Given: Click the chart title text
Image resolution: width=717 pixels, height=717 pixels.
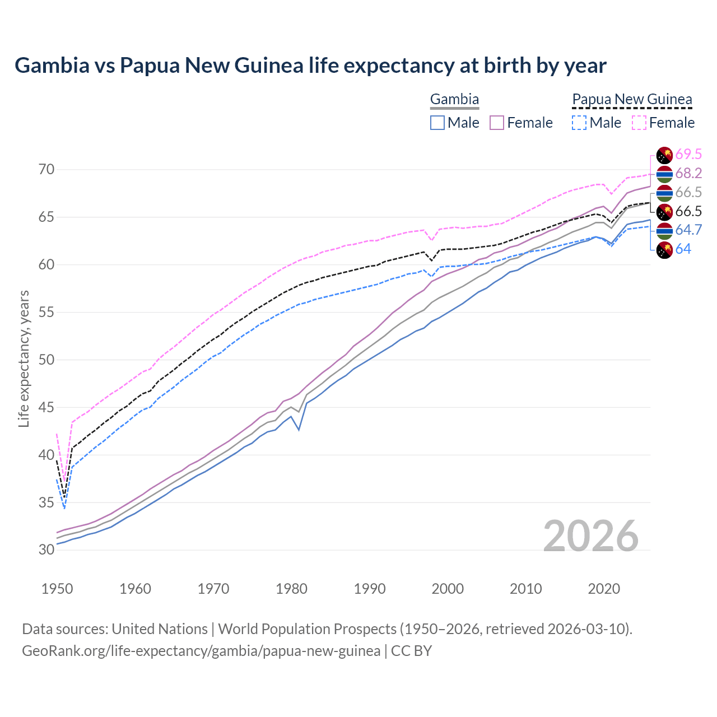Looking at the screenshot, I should point(310,66).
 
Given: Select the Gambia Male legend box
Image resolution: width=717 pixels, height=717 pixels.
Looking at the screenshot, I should point(437,123).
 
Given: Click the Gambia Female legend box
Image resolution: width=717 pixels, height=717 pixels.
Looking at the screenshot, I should point(497,123).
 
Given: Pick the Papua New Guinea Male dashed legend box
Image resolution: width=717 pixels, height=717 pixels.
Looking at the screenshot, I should point(579,123).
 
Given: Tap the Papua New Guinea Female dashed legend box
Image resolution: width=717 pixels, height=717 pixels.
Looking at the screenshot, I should point(639,123).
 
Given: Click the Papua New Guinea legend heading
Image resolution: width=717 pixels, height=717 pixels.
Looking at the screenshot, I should point(632,100).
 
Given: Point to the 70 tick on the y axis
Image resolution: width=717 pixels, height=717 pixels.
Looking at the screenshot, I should point(46,169).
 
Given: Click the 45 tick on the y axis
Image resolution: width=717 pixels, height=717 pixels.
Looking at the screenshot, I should point(46,407).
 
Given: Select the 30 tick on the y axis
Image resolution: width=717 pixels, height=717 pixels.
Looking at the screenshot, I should point(46,550).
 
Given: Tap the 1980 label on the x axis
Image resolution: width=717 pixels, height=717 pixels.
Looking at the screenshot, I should point(292,589).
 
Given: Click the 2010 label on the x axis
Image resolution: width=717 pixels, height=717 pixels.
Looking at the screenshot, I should point(526,589).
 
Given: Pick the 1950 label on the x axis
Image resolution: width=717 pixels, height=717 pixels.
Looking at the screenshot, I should point(58,589).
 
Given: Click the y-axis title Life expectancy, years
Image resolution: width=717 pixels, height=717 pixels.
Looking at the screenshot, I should point(24,358).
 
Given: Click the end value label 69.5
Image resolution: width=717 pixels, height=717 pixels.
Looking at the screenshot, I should point(688,154).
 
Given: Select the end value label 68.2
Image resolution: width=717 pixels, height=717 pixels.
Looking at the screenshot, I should point(688,173).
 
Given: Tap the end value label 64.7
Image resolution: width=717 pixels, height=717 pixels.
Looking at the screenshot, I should point(688,230).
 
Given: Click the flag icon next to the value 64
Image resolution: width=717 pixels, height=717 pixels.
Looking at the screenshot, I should point(664,250).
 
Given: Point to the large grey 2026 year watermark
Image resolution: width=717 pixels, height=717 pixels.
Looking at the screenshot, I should point(591,536).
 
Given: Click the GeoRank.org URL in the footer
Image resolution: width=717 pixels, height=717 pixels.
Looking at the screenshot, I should point(201,651).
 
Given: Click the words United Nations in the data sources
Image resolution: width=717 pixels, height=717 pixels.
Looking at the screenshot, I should point(160,629).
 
